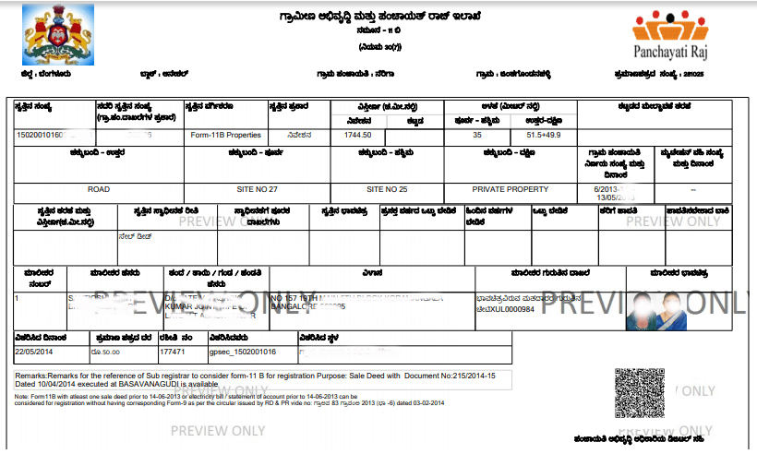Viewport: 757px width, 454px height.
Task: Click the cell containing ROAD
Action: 99,188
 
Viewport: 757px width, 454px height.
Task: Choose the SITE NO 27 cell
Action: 258,188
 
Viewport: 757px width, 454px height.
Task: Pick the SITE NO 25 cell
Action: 387,188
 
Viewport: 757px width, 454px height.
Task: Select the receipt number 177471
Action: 173,352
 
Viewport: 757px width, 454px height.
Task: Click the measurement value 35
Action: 476,135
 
